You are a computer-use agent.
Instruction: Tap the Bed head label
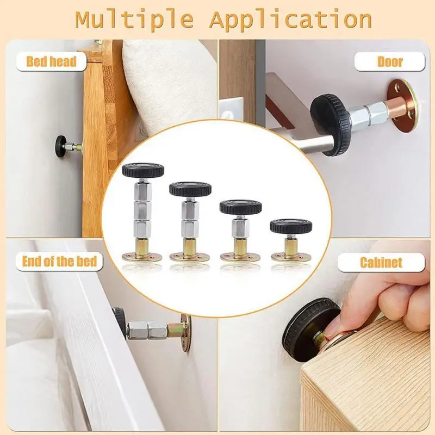[x=51, y=61]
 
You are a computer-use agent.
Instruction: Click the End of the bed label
[x=59, y=261]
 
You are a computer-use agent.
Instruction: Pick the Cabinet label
[x=381, y=263]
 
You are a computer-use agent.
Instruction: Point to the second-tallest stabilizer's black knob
[x=190, y=189]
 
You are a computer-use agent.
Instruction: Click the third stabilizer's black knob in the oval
[x=240, y=207]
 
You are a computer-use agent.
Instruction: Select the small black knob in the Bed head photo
[x=59, y=145]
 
